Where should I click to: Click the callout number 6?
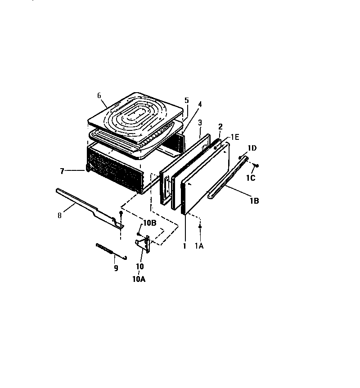point(99,95)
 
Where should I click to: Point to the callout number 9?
point(116,268)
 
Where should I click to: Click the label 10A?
point(139,279)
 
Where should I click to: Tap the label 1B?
point(254,201)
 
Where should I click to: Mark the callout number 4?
point(200,104)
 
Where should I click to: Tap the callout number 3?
point(199,122)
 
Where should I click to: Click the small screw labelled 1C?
point(256,165)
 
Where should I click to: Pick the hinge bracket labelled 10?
point(144,243)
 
